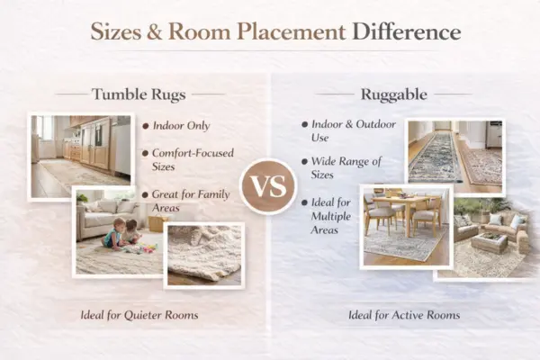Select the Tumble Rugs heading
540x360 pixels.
(139, 93)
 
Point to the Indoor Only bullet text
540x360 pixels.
(182, 126)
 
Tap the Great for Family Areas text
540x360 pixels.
(191, 202)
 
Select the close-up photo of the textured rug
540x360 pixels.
(204, 255)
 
